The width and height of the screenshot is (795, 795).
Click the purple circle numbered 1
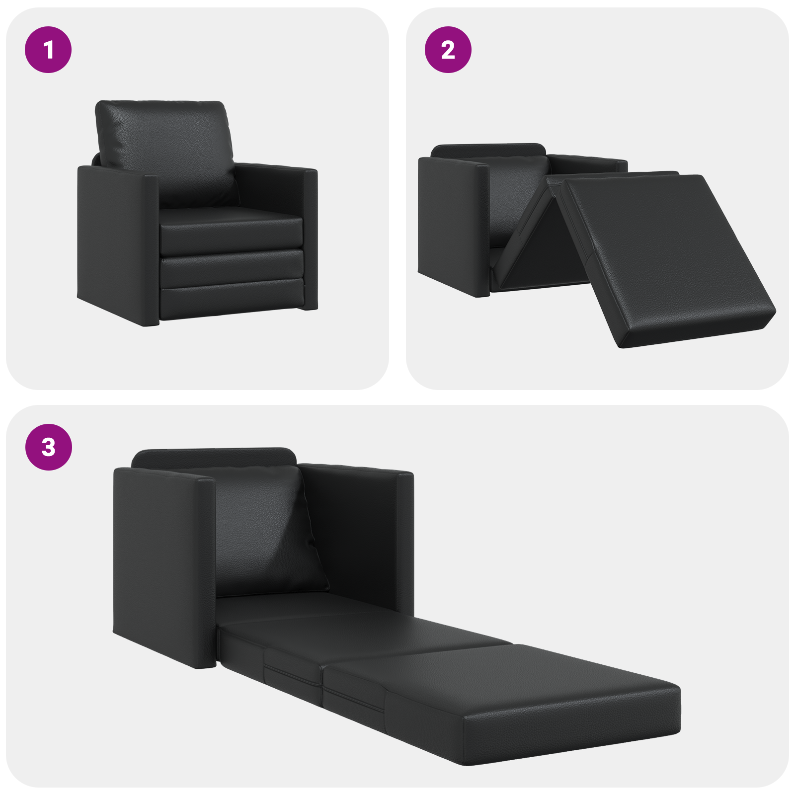point(48,50)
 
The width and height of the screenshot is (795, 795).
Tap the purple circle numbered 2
point(448,50)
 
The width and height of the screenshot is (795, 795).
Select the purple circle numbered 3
point(48,447)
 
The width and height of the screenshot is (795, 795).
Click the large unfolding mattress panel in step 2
point(666,253)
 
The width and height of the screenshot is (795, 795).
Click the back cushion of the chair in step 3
point(263,532)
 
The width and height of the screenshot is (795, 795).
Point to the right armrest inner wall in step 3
point(353,537)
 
